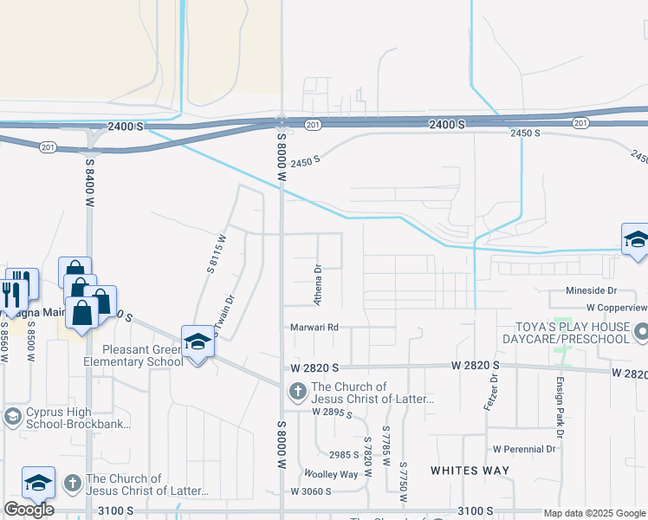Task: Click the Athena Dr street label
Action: [318, 283]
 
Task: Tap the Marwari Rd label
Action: [314, 328]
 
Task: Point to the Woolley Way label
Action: [330, 474]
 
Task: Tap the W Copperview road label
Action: [616, 307]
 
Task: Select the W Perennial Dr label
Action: [524, 449]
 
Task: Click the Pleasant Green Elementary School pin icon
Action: [198, 342]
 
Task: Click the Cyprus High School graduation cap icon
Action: [13, 417]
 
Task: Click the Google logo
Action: [29, 510]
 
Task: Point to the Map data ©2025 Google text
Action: [594, 513]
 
